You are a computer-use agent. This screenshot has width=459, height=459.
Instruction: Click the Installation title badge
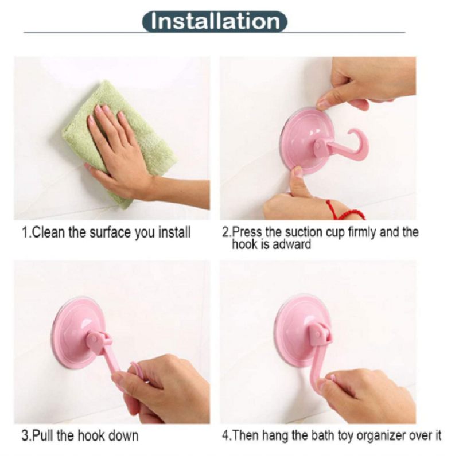click(x=215, y=21)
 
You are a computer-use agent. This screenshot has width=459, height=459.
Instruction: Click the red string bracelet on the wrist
click(x=345, y=210)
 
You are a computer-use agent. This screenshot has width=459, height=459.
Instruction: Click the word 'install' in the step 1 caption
click(x=174, y=233)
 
